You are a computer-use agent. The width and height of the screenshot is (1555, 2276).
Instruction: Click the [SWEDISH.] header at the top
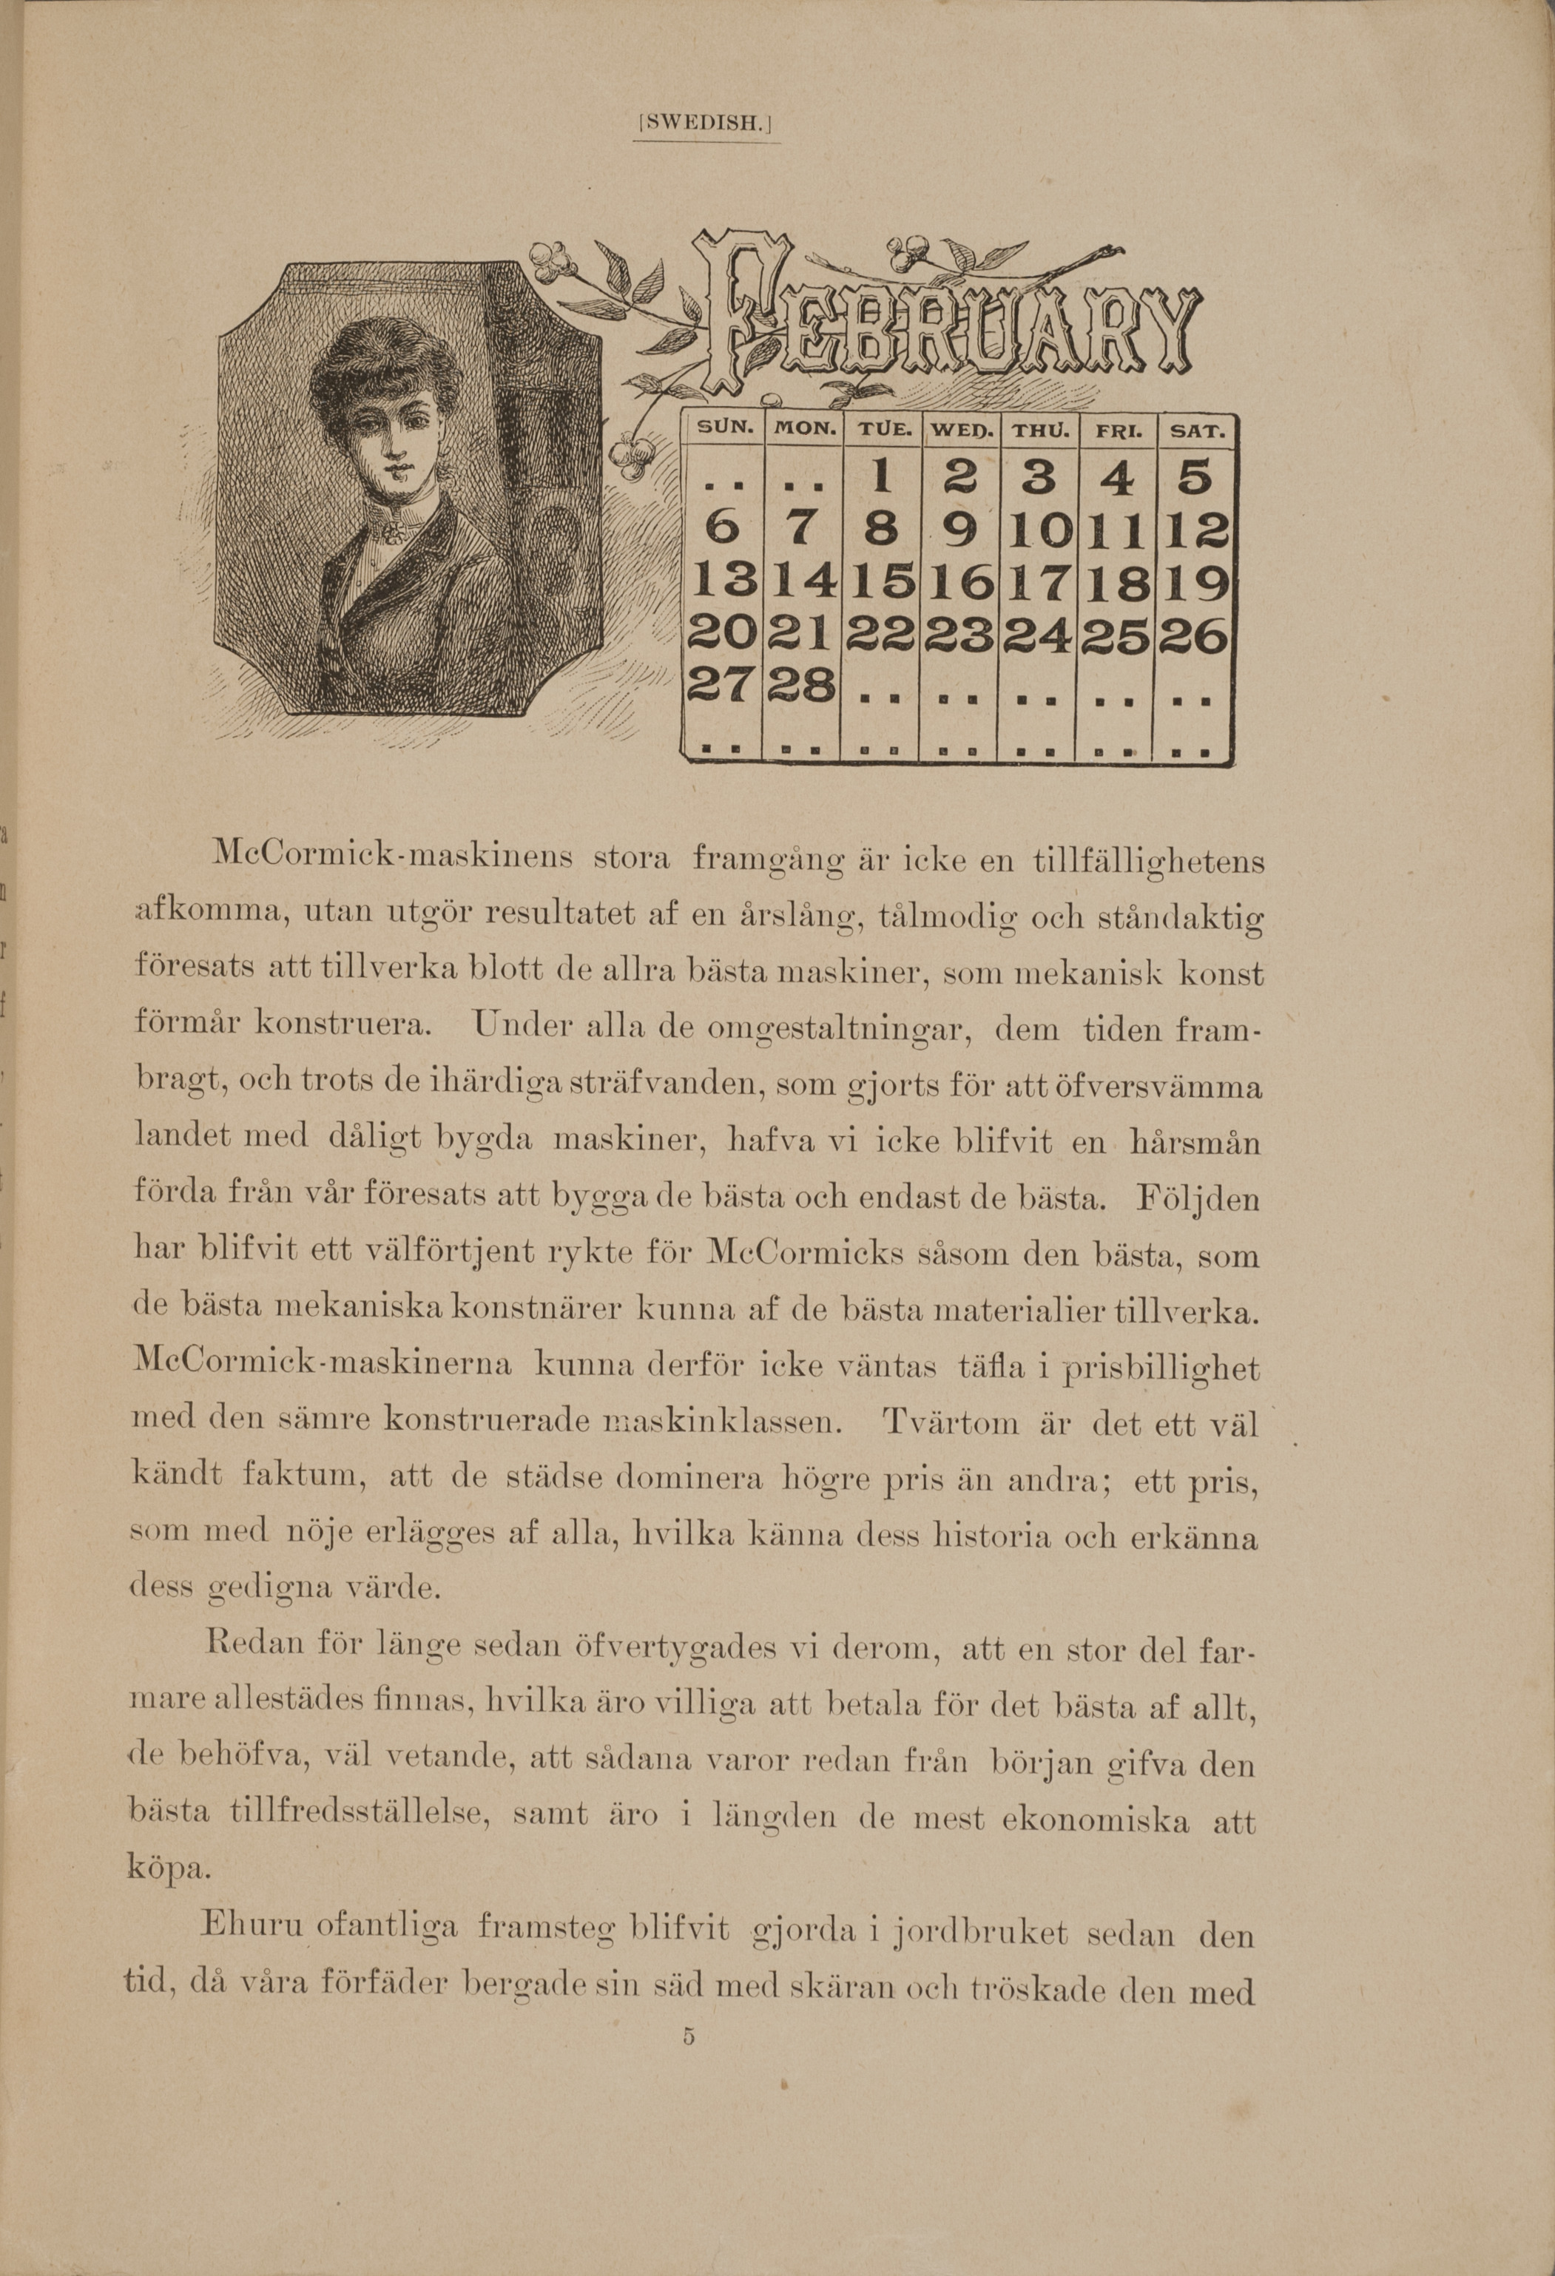coord(705,124)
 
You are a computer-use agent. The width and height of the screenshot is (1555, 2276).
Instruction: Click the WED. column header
coord(959,429)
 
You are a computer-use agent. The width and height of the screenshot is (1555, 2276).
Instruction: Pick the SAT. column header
coord(1195,429)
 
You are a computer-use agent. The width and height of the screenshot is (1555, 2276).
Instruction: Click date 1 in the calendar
coord(881,477)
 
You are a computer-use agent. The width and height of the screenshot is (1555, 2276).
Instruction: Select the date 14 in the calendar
coord(803,586)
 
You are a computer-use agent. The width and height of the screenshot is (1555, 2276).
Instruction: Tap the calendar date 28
coord(803,683)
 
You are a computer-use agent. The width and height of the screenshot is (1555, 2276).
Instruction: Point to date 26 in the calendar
coord(1195,638)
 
